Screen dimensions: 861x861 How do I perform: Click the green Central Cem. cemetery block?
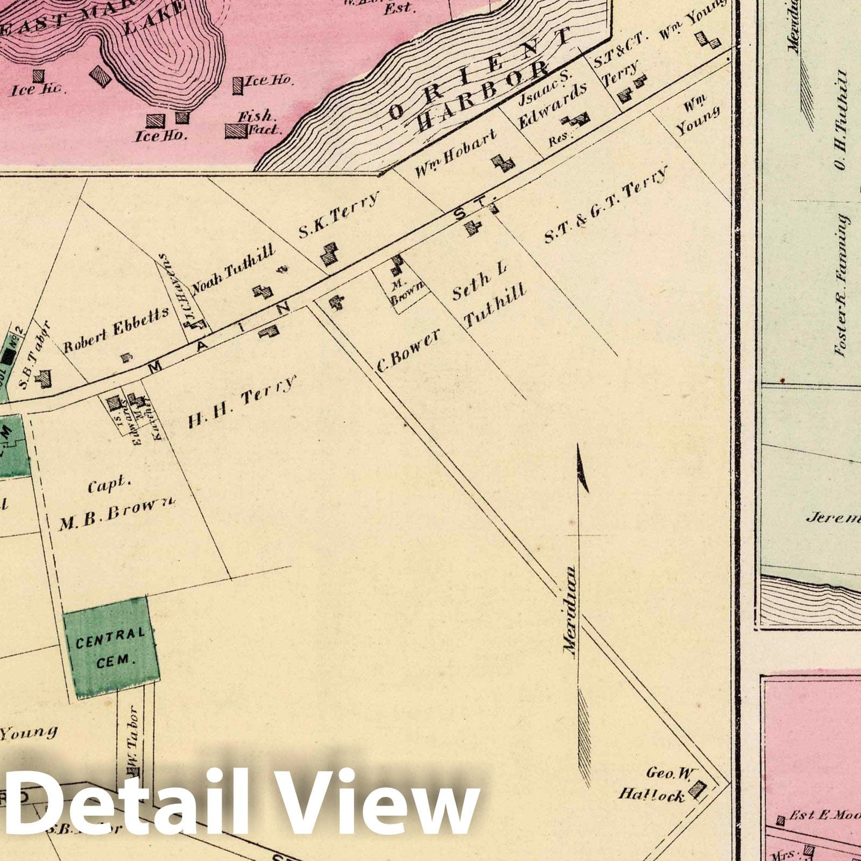point(111,647)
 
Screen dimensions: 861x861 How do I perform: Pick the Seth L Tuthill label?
point(488,299)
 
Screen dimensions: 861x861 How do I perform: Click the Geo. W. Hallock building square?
point(698,789)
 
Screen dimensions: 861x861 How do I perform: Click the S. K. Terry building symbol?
point(329,253)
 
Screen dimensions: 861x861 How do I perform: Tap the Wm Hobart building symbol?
point(504,163)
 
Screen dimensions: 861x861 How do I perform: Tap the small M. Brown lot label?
point(414,291)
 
